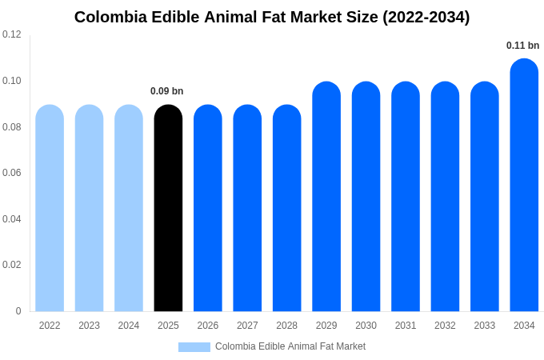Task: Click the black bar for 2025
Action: click(168, 208)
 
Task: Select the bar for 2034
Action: click(524, 185)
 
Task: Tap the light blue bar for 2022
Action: click(50, 208)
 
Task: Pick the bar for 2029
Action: click(326, 196)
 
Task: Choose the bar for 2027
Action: click(247, 208)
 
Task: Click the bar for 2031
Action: click(406, 196)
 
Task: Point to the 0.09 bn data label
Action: click(167, 91)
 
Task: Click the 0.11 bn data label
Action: click(522, 46)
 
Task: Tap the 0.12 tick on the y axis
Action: click(12, 34)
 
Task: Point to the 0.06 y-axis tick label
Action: click(12, 173)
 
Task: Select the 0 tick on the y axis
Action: click(18, 311)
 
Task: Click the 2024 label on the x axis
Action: click(129, 326)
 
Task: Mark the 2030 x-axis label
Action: click(366, 326)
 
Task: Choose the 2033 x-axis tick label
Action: click(485, 326)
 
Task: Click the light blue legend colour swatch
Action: click(194, 347)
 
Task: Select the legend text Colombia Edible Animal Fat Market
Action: click(290, 346)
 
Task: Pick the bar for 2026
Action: click(208, 208)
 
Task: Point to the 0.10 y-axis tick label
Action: click(12, 81)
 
